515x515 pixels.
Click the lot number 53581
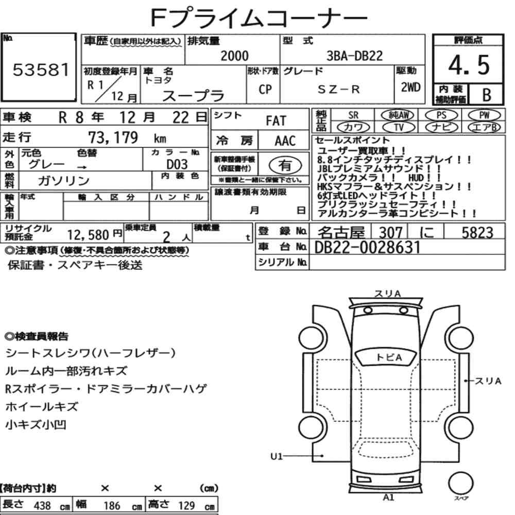(x=41, y=70)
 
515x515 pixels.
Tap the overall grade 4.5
(x=469, y=65)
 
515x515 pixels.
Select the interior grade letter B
(x=487, y=95)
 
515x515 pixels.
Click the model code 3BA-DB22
(x=354, y=56)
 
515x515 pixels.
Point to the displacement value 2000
(x=234, y=56)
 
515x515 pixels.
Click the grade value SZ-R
(x=339, y=89)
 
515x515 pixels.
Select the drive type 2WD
(x=410, y=87)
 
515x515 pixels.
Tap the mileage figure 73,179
(x=113, y=138)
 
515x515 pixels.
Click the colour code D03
(x=177, y=164)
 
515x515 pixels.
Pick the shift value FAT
(x=276, y=121)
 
